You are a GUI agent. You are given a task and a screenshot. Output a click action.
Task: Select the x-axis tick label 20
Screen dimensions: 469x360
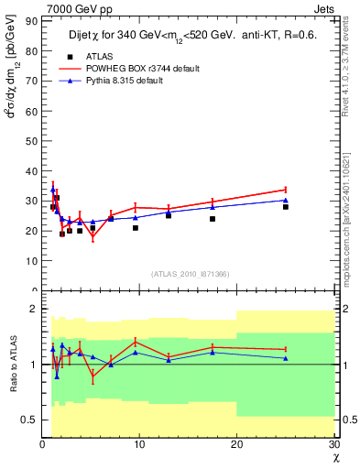236,444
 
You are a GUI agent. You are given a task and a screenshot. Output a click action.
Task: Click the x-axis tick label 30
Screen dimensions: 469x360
333,444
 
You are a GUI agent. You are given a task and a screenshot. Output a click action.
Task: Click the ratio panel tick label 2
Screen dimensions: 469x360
34,309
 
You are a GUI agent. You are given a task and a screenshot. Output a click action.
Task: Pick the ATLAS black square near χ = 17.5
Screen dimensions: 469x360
213,219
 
